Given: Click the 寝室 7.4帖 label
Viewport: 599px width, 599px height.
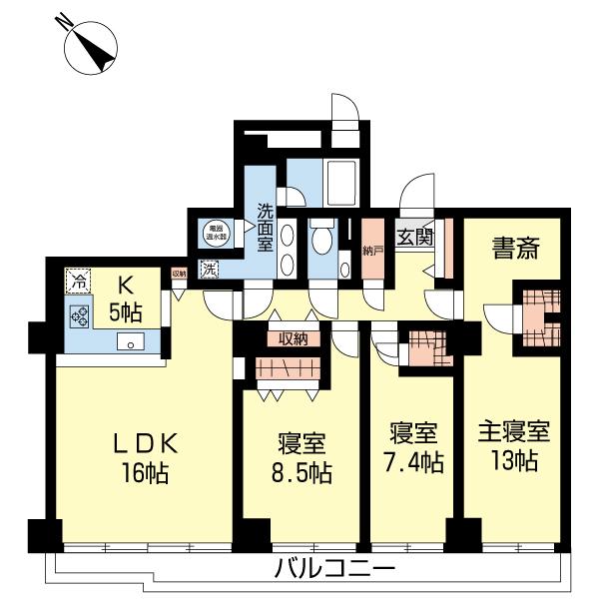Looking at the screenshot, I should (x=415, y=450).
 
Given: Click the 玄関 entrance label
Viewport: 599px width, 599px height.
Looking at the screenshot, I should (x=415, y=237).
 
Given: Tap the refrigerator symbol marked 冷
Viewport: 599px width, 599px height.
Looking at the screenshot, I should (x=78, y=282).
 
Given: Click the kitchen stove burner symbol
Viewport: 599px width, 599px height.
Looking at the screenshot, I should (x=79, y=317).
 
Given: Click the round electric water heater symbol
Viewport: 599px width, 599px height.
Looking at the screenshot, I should (x=213, y=234).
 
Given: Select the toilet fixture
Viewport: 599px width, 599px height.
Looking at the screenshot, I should (x=321, y=240).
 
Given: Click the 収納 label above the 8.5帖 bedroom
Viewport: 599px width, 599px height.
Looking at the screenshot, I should (x=293, y=339).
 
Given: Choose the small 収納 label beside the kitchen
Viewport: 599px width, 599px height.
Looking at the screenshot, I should (x=179, y=273).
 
